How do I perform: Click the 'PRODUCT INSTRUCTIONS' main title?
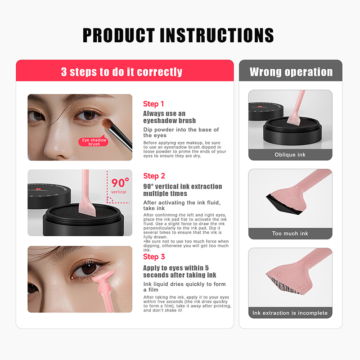coord(178,35)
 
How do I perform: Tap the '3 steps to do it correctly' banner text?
coord(121,72)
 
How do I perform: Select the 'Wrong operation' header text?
coord(291,72)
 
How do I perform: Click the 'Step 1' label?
coord(153,104)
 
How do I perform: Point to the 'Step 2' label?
coord(154,176)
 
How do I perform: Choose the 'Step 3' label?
coord(154,257)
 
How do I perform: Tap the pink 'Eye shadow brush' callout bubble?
coord(94,141)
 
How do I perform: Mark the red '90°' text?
coord(120,183)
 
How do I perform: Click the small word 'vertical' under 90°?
coord(118,192)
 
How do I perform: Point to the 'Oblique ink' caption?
coord(290,155)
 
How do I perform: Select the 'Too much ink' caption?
coord(290,234)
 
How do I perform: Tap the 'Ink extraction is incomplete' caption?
coord(290,313)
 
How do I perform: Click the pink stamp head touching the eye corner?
coord(104,277)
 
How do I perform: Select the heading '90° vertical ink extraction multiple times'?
coord(183,190)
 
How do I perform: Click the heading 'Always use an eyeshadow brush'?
coord(170,117)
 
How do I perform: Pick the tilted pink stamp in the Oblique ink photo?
coord(296,108)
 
